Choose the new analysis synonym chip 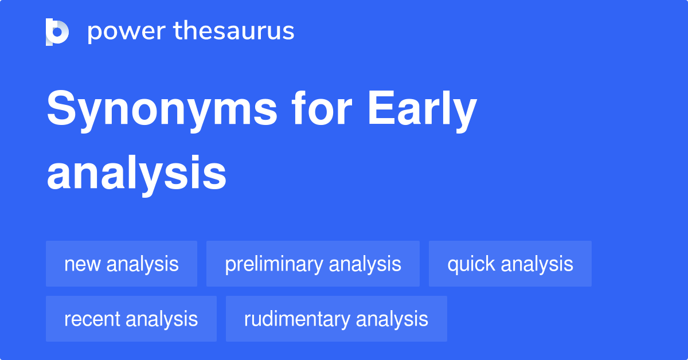point(122,264)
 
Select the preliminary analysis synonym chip point(313,264)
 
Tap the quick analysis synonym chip point(510,264)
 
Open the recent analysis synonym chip point(131,319)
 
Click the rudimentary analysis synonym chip point(336,319)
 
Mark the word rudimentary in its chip point(295,319)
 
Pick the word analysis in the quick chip point(537,264)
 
